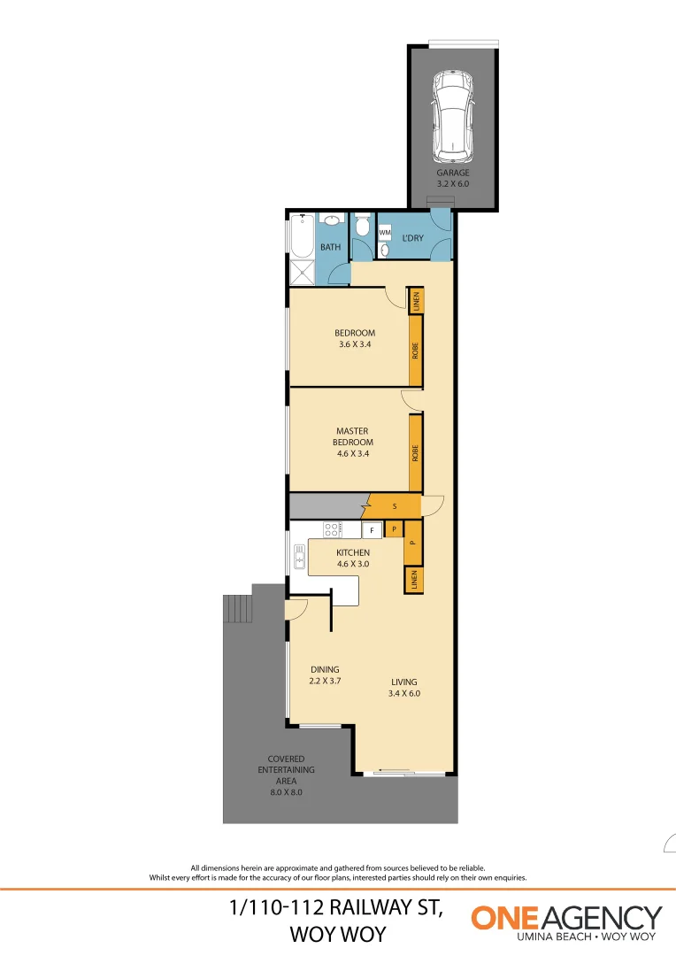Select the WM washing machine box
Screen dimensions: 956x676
(384, 233)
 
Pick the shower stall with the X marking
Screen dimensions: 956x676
(302, 273)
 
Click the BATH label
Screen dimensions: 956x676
(331, 248)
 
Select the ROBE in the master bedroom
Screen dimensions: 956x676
(414, 453)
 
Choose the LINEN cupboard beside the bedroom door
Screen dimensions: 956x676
(414, 301)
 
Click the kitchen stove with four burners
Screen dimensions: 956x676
(333, 530)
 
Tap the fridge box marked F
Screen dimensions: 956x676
(372, 531)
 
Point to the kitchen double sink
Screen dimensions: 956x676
(299, 557)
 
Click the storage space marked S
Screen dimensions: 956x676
(393, 506)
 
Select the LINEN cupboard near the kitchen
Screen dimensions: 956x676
(412, 580)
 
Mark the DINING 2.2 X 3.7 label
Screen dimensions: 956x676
(325, 675)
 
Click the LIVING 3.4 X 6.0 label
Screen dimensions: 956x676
(405, 688)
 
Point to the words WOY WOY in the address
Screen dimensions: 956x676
(337, 934)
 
